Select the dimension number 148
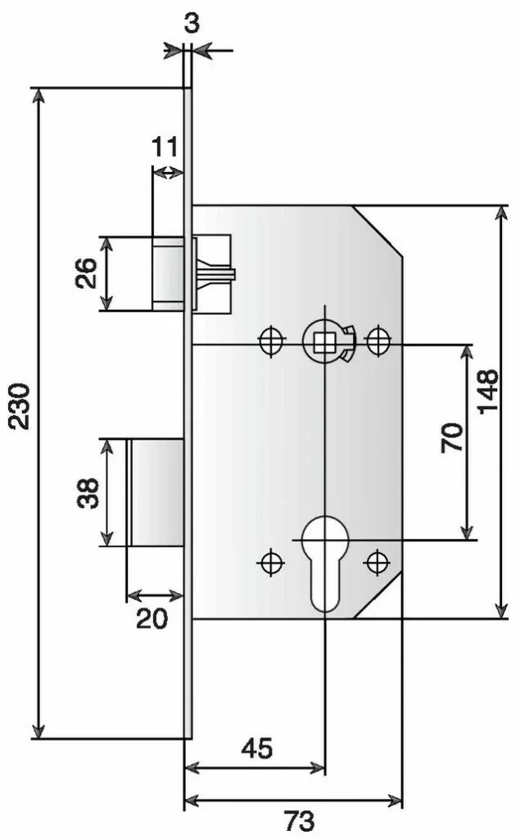488,392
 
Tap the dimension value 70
452,438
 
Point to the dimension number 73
298,819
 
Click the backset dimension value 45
256,748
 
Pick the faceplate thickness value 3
191,22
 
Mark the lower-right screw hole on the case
377,562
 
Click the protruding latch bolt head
167,273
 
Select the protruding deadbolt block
156,492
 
